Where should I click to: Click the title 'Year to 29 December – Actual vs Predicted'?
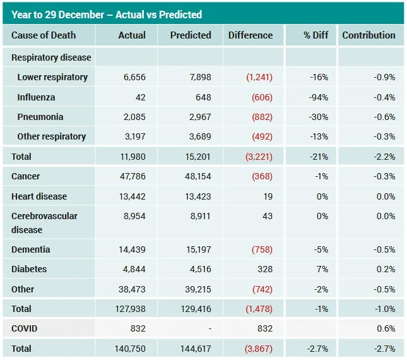(x=107, y=14)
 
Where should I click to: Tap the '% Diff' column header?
(x=316, y=35)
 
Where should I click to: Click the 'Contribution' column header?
(x=369, y=35)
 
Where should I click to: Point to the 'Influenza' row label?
(x=36, y=97)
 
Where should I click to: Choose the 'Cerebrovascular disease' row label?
(x=44, y=222)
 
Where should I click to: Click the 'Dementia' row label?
(x=30, y=249)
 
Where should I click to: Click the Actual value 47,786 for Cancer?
(x=132, y=176)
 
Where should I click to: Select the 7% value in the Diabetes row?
(x=322, y=269)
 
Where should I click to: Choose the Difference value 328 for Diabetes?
(x=265, y=269)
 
